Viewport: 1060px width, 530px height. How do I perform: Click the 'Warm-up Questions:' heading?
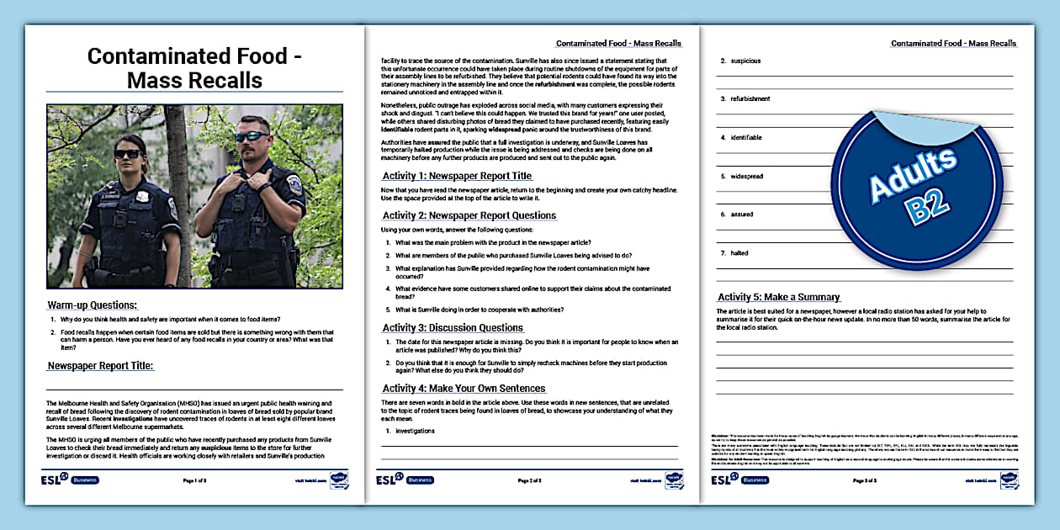(x=92, y=305)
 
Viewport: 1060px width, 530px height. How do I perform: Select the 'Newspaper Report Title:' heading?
(x=100, y=366)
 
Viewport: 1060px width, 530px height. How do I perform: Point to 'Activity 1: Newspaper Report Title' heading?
(x=457, y=176)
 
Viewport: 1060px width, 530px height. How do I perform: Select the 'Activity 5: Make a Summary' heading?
(x=778, y=297)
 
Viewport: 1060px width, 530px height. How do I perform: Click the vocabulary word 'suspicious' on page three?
(x=745, y=61)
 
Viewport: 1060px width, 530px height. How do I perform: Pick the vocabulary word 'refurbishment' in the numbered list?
(x=750, y=98)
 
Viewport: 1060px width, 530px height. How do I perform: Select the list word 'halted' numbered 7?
(x=739, y=252)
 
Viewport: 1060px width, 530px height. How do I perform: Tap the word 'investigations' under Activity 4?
(x=416, y=431)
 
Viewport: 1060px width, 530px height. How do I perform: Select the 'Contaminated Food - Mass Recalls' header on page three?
(x=953, y=43)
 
